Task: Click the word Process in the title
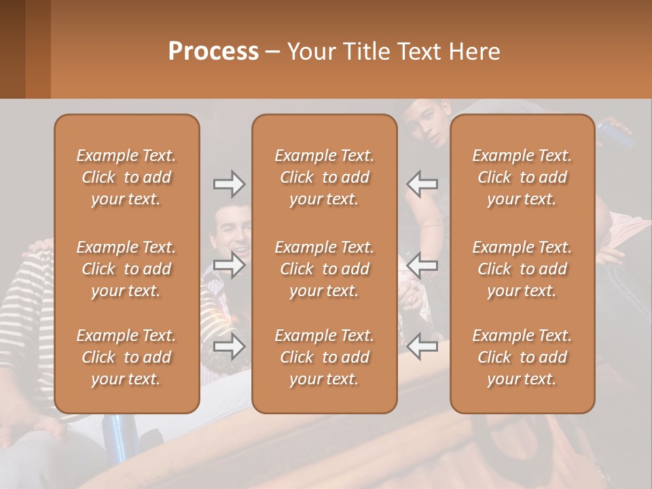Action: (213, 52)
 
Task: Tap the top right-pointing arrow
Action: (229, 183)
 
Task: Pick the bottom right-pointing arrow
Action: (229, 346)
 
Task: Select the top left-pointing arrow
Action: (422, 183)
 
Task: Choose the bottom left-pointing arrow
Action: (422, 346)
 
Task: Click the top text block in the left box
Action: (126, 177)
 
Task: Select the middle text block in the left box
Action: (126, 269)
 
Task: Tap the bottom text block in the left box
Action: (126, 357)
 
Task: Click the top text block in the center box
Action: (325, 177)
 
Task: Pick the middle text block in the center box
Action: (325, 269)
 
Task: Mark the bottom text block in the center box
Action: (325, 357)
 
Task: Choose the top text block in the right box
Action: (522, 177)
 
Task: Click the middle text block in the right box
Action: (522, 269)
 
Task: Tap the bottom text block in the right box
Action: (522, 357)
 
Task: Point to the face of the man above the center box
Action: (433, 122)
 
